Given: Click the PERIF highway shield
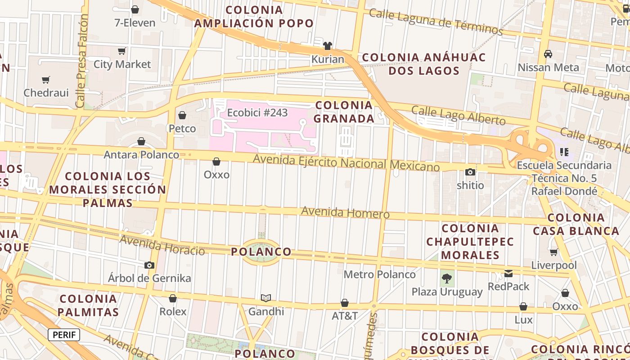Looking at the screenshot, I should (64, 335).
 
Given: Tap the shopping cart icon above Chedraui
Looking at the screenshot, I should (45, 80).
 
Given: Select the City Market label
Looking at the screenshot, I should (122, 64).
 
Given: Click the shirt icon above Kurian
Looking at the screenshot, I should (328, 46).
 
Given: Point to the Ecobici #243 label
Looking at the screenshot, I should (257, 112).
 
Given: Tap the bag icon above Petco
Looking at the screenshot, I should (182, 116).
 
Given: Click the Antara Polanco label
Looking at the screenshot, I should (141, 155).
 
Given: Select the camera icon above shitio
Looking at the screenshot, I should (470, 172).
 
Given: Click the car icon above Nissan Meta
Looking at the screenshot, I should (548, 54).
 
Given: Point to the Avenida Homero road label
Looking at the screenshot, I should (345, 212).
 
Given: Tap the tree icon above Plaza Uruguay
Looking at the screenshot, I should (447, 279).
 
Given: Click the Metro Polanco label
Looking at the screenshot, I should (379, 274).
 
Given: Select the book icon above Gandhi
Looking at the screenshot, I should (266, 298).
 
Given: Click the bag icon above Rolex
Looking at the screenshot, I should (173, 298).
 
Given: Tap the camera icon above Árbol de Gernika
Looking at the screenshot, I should (149, 265).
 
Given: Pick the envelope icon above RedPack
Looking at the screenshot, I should (508, 273).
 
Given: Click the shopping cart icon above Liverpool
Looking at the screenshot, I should (553, 252).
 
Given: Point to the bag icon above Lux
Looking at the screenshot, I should (523, 307).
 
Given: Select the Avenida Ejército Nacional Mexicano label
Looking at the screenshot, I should (346, 162).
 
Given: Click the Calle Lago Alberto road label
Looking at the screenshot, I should (458, 115).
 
